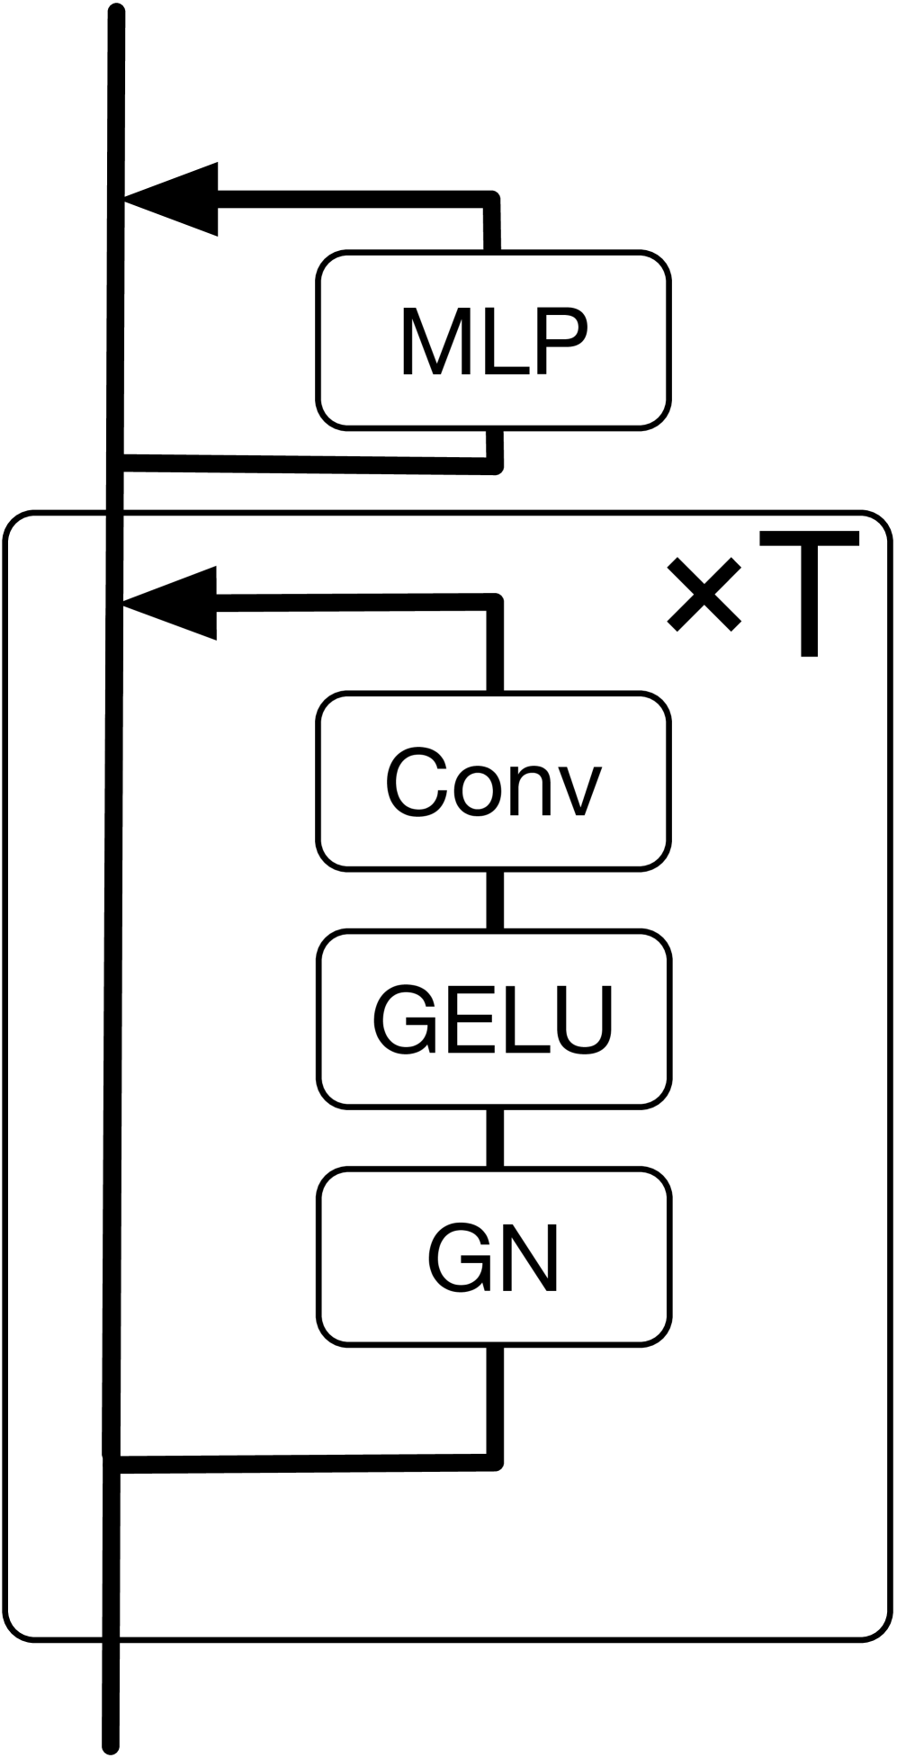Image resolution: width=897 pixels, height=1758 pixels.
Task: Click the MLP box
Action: pyautogui.click(x=493, y=340)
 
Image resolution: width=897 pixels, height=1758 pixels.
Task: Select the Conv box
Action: pyautogui.click(x=493, y=781)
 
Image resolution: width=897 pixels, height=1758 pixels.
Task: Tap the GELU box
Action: pyautogui.click(x=493, y=1018)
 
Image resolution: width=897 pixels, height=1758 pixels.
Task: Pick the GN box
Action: pyautogui.click(x=493, y=1257)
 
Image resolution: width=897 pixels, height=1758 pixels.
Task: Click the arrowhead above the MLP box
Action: pyautogui.click(x=175, y=199)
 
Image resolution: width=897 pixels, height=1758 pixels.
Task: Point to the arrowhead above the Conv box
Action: pyautogui.click(x=175, y=603)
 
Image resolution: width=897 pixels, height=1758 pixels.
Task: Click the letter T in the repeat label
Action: pyautogui.click(x=809, y=594)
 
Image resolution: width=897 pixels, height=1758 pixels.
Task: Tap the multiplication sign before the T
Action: pyautogui.click(x=704, y=594)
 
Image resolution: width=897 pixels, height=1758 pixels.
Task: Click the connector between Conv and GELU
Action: pyautogui.click(x=494, y=900)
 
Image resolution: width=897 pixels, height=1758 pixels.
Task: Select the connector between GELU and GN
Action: pyautogui.click(x=494, y=1138)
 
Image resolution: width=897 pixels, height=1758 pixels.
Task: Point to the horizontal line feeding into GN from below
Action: pyautogui.click(x=306, y=1464)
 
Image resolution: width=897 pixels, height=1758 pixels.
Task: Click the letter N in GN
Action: pyautogui.click(x=530, y=1258)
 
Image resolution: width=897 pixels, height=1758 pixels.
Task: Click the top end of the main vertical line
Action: pyautogui.click(x=115, y=14)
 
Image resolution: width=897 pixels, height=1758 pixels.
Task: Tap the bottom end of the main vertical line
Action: pyautogui.click(x=111, y=1745)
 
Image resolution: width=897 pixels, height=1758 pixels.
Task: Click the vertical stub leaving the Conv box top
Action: pyautogui.click(x=494, y=648)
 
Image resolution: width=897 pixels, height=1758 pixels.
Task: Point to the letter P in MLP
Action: pyautogui.click(x=560, y=342)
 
